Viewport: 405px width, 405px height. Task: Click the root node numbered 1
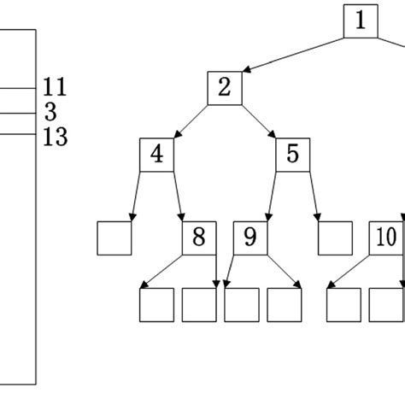pos(361,21)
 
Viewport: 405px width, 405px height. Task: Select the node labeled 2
pos(225,88)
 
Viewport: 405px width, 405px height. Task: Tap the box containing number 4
pos(156,155)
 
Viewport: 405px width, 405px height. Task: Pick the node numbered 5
pos(292,155)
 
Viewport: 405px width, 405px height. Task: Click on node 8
pos(199,238)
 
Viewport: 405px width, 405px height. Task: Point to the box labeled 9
pos(249,238)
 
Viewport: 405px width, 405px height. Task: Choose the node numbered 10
pos(385,238)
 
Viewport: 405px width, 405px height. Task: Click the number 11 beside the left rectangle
pos(55,87)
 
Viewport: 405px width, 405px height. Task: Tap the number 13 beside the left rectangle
pos(55,137)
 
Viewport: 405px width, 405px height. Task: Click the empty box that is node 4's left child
pos(114,238)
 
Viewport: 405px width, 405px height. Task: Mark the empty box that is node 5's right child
pos(335,238)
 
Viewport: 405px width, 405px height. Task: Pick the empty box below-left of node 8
pos(156,305)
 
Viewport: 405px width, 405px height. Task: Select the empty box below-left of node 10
pos(343,305)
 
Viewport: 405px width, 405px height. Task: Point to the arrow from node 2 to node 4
pos(191,120)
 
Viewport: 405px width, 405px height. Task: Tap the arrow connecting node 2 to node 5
pos(258,120)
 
